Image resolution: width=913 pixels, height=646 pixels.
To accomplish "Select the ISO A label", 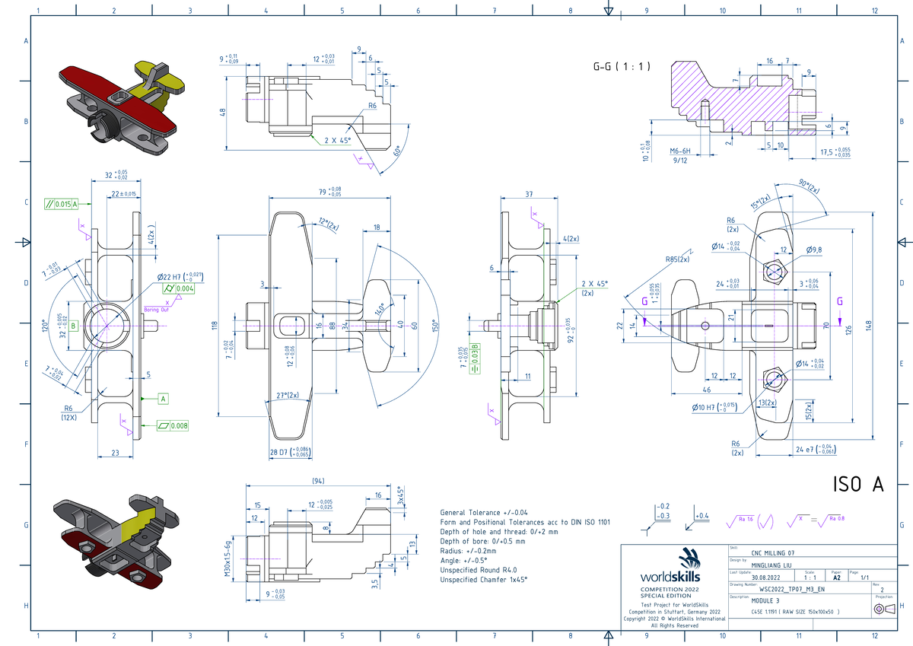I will click(x=857, y=485).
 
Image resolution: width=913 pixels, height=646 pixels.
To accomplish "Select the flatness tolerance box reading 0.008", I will click(x=173, y=425).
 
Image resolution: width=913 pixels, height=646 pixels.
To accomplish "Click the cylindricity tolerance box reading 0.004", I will click(x=181, y=289).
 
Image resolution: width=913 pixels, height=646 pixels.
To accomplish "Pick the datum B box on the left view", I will click(x=74, y=326).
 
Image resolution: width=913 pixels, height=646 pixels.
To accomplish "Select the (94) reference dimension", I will click(x=320, y=482).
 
